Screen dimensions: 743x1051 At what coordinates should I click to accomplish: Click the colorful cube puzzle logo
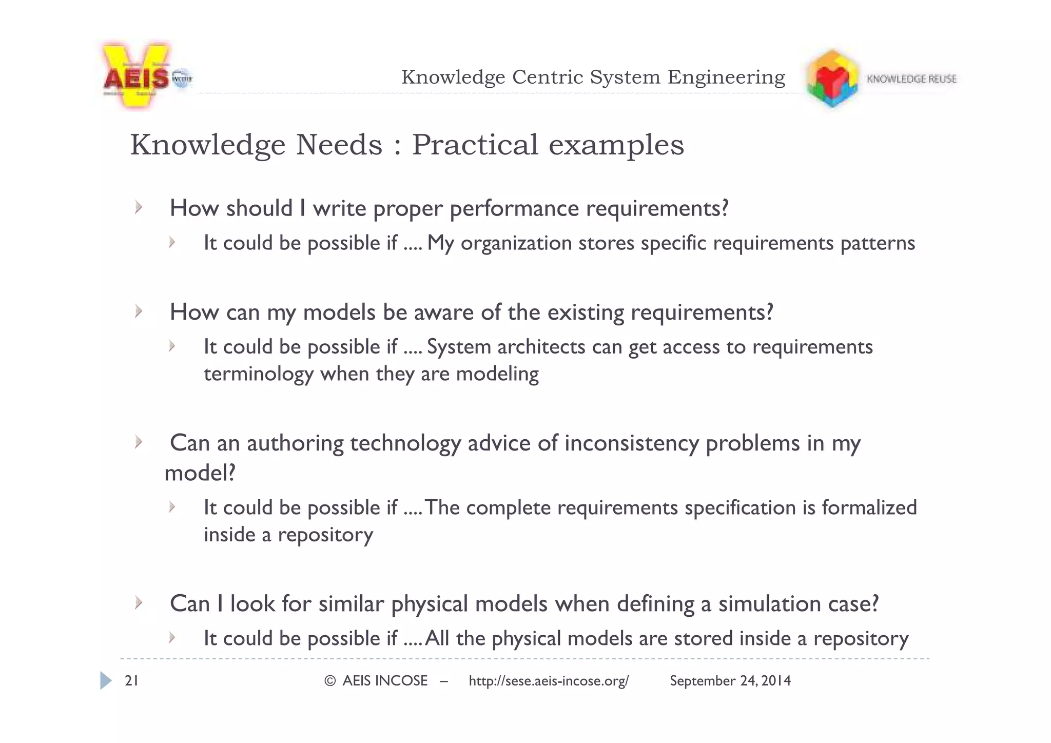[832, 79]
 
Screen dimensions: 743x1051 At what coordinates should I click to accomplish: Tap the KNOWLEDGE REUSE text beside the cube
[911, 79]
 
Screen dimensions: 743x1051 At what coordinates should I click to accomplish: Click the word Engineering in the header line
[726, 77]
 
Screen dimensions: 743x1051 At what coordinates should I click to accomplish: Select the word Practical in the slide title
[475, 145]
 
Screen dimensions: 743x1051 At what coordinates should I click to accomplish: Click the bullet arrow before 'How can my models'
[138, 311]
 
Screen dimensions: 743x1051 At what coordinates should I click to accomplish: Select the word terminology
[258, 374]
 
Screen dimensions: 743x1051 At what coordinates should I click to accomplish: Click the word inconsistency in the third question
[632, 443]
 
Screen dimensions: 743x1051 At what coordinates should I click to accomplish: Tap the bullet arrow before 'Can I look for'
[138, 602]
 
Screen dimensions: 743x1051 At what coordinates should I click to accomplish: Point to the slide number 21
[131, 681]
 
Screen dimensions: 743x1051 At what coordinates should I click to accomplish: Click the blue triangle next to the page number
[106, 680]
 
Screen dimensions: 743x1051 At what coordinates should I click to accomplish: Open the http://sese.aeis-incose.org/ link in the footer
[548, 681]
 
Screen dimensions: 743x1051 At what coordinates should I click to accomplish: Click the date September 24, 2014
[730, 681]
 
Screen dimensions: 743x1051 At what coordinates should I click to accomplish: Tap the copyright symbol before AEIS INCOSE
[330, 681]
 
